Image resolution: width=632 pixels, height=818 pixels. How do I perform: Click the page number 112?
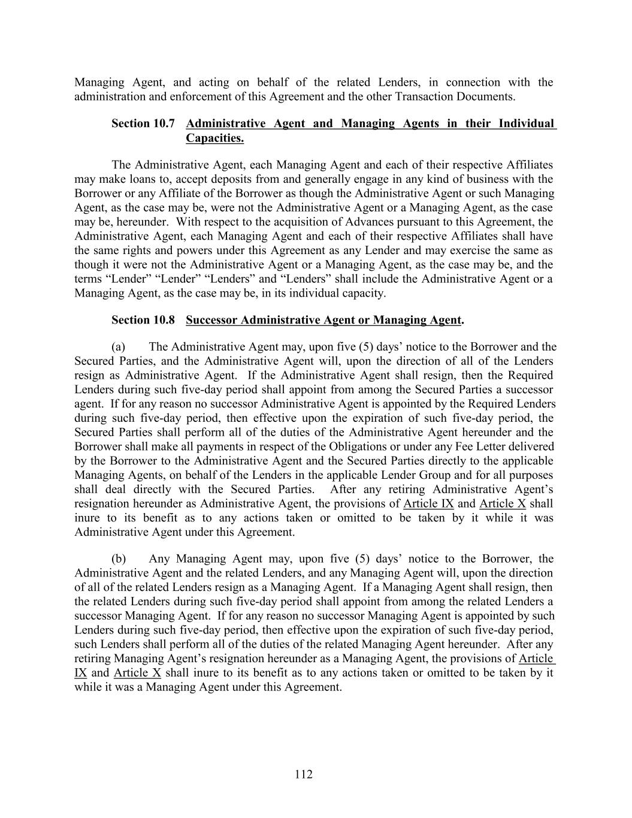304,774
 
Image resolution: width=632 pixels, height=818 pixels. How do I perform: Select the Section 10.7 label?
143,124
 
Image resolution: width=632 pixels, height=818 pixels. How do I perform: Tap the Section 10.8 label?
143,320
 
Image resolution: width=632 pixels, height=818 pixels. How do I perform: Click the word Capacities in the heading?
214,138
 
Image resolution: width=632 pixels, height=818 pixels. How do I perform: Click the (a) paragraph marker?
118,347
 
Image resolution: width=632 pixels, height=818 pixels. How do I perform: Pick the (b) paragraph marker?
119,559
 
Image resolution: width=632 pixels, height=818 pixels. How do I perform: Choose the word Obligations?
364,446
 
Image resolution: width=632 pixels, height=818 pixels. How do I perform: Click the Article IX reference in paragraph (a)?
428,503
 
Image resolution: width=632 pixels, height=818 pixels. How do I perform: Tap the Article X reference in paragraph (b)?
137,672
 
